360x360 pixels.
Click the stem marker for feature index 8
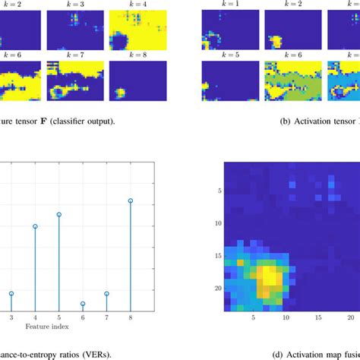pos(131,201)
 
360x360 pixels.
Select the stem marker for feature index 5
pos(58,215)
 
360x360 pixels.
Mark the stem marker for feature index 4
pos(35,226)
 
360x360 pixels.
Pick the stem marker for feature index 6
pos(83,304)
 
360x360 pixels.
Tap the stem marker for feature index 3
pos(11,293)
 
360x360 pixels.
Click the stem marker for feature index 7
pos(106,293)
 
